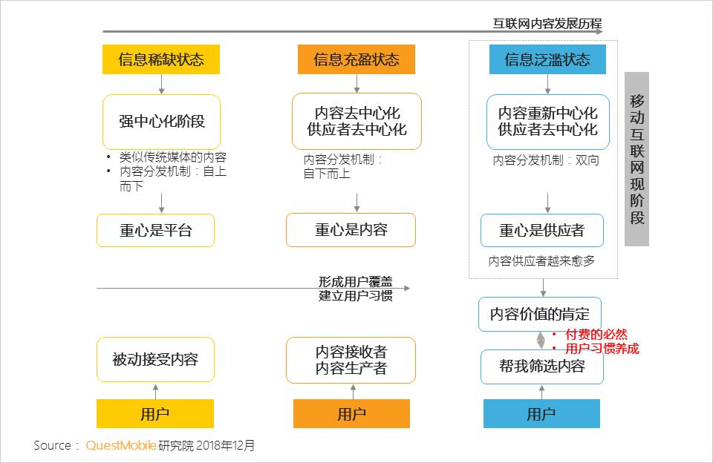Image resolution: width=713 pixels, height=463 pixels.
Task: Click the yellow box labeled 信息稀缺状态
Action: coord(161,59)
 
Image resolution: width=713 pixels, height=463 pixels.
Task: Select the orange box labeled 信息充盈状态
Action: coord(356,59)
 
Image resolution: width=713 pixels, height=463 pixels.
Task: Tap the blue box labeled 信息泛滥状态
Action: coord(547,59)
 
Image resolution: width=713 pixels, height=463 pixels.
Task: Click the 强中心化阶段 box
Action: coord(161,121)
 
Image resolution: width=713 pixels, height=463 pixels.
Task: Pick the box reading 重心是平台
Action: coord(155,230)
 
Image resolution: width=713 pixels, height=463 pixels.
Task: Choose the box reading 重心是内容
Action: coord(351,230)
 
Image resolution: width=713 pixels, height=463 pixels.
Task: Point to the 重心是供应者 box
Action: coord(541,230)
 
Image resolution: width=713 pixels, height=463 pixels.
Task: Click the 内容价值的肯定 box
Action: coord(540,314)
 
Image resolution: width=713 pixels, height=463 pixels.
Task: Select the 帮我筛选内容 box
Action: coord(541,367)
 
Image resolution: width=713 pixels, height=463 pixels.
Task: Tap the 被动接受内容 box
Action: coord(155,360)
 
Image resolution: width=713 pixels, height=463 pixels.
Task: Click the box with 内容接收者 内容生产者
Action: coord(351,360)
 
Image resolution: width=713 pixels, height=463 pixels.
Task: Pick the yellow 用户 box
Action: coord(155,413)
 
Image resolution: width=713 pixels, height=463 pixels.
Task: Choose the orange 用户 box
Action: coord(351,413)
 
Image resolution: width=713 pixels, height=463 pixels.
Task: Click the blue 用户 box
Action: coord(541,413)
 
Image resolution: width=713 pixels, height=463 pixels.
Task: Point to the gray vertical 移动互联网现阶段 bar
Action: coord(637,159)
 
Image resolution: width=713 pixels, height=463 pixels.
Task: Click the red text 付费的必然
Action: coord(596,335)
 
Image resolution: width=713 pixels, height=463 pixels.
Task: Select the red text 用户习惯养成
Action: coord(602,348)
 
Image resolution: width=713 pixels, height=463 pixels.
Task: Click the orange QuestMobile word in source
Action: coord(121,445)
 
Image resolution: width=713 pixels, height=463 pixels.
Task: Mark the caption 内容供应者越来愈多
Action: coord(541,261)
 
